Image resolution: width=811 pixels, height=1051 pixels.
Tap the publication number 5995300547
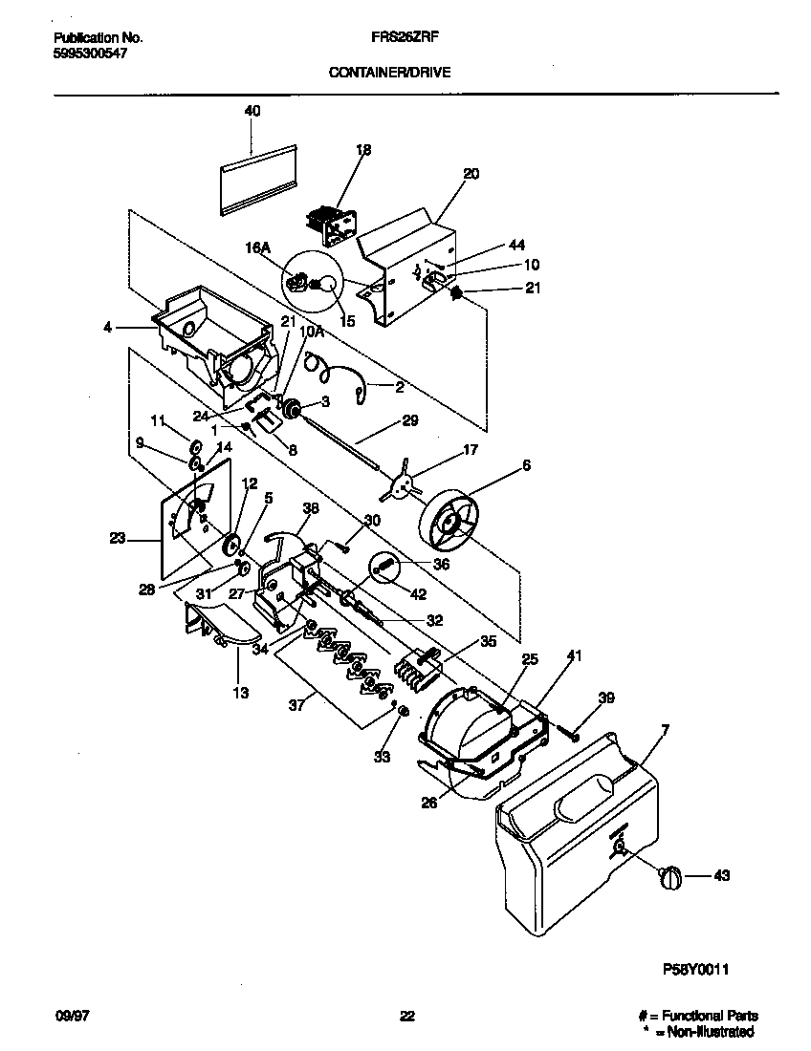pyautogui.click(x=90, y=54)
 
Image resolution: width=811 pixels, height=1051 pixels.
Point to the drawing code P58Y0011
pyautogui.click(x=696, y=968)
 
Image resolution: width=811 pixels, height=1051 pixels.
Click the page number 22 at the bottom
pyautogui.click(x=406, y=1017)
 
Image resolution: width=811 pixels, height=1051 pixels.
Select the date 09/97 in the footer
pyautogui.click(x=68, y=1017)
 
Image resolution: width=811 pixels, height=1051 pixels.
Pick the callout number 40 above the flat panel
pyautogui.click(x=252, y=111)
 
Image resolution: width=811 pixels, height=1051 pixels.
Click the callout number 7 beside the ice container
pyautogui.click(x=665, y=730)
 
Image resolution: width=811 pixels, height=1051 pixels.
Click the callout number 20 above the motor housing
pyautogui.click(x=471, y=174)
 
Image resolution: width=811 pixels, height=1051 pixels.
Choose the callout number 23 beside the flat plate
pyautogui.click(x=117, y=539)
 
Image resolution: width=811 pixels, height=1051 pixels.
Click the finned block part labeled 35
pyautogui.click(x=418, y=661)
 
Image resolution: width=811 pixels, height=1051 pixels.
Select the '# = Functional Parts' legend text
pyautogui.click(x=698, y=1017)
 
